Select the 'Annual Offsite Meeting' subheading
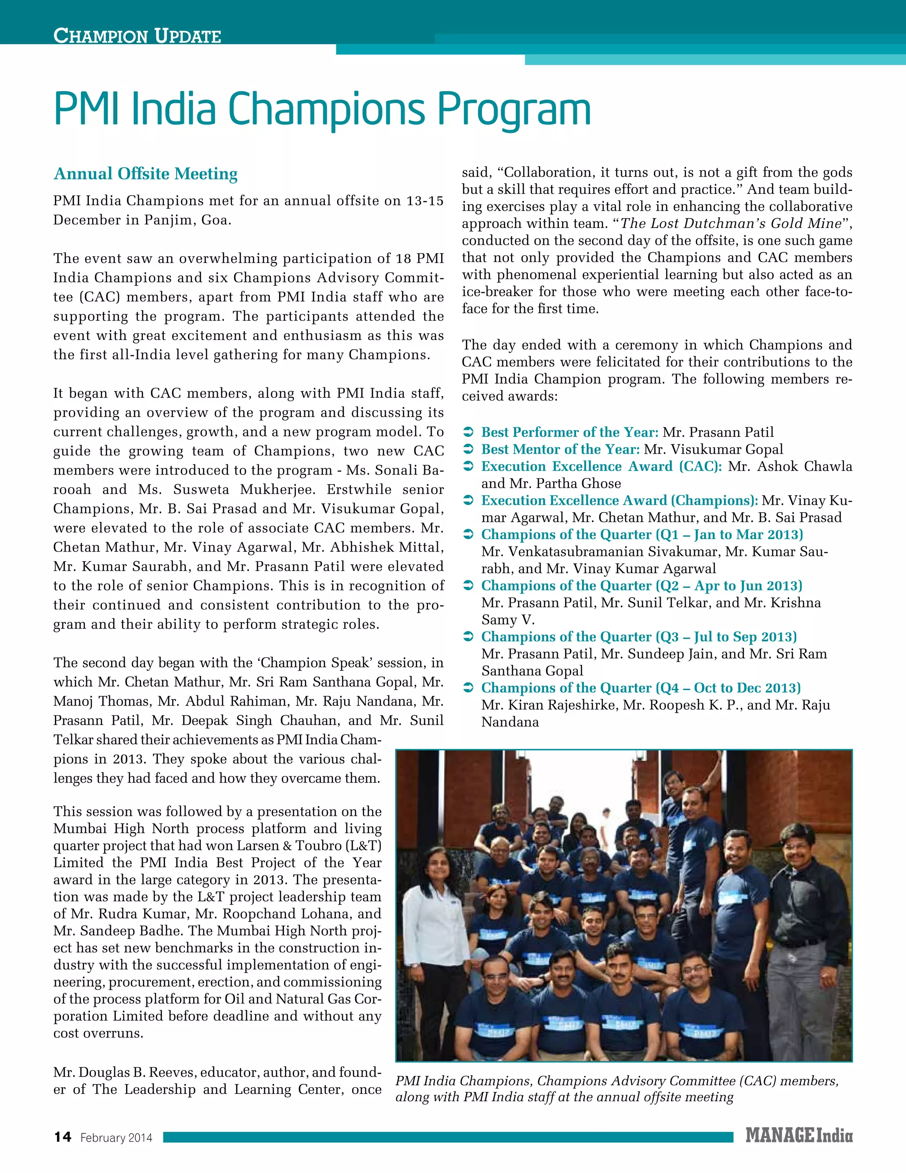146,174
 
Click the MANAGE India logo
798,1135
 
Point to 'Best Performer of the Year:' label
569,432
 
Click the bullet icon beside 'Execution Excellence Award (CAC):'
468,467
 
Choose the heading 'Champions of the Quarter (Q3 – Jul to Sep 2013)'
639,637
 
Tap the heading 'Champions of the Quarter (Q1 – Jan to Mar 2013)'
642,535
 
